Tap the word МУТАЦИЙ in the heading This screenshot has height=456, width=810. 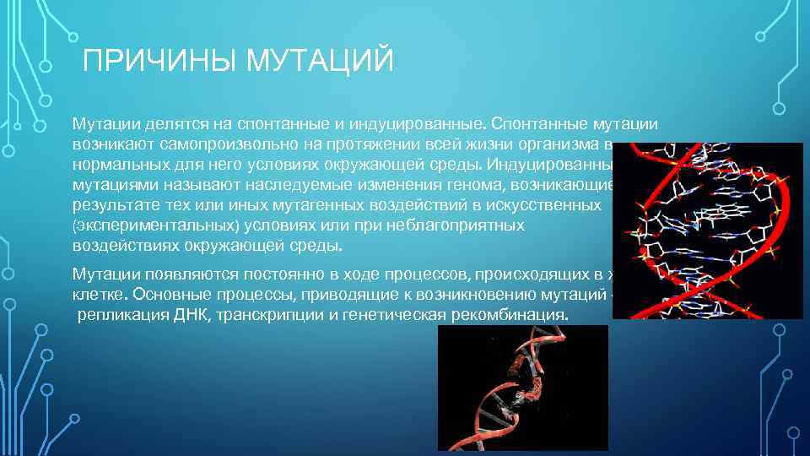[320, 61]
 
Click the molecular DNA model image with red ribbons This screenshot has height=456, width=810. [707, 230]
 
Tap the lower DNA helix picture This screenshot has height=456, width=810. [522, 388]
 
